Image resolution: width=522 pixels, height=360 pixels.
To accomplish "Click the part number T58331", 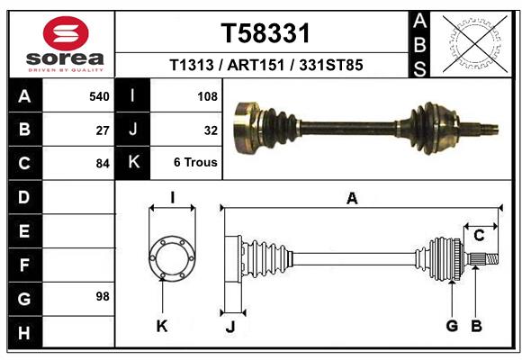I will point(265,33).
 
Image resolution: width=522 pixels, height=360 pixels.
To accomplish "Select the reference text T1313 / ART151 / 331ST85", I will point(265,66).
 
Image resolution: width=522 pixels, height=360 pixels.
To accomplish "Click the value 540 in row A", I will point(99,95).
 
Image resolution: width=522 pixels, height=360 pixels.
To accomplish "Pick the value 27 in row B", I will point(103,130).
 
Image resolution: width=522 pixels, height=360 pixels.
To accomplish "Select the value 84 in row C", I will point(103,164).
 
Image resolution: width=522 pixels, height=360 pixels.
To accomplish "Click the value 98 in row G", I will point(103,296).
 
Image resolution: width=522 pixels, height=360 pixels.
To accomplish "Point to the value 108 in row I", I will point(207,95).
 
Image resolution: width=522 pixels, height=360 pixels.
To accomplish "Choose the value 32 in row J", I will point(211,130).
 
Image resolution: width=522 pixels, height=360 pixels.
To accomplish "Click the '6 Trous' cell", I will point(195,164).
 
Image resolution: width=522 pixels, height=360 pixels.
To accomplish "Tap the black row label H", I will point(24,333).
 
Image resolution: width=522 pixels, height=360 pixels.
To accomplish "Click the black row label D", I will point(24,196).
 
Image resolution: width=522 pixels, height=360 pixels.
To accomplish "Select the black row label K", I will point(132,162).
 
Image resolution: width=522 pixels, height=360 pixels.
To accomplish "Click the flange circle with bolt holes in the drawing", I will point(171,258).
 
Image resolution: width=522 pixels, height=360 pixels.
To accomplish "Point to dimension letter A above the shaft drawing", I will point(352,199).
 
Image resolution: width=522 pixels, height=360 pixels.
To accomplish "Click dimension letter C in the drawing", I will point(479,236).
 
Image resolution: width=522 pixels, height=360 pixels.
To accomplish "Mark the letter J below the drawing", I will point(229,327).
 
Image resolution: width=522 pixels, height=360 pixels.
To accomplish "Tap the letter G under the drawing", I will point(452,326).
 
